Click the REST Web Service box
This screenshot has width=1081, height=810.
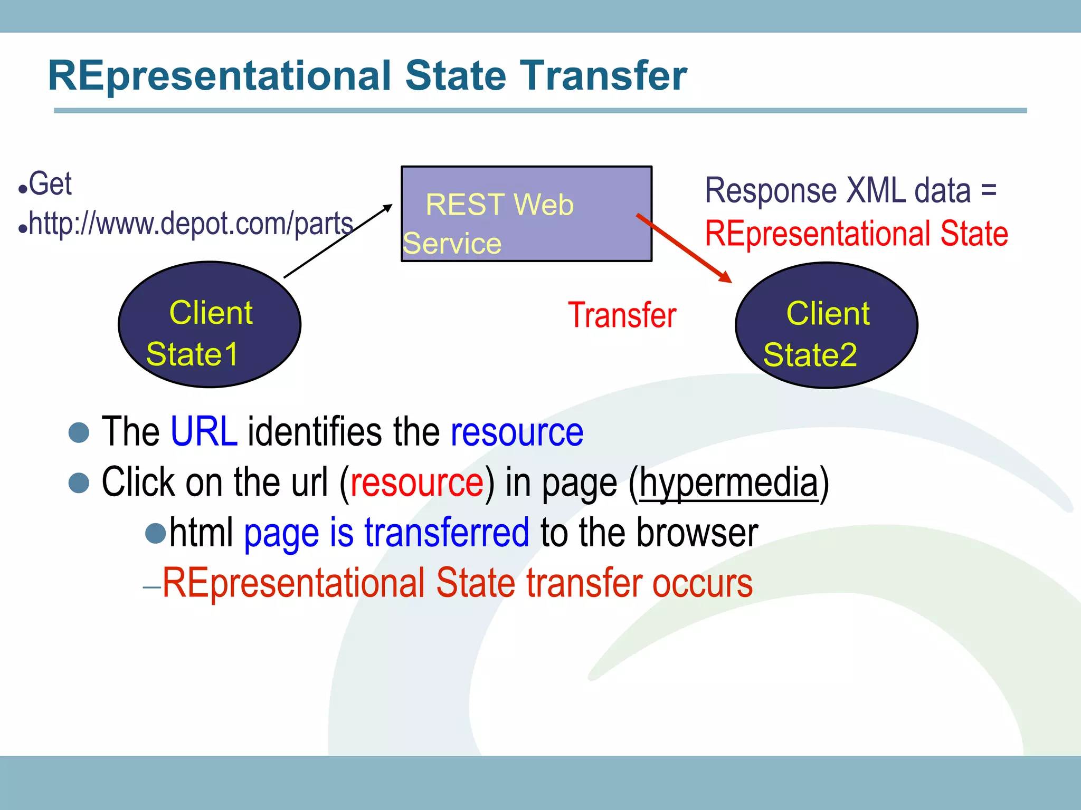coord(526,214)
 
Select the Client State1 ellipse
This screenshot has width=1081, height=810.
coord(210,325)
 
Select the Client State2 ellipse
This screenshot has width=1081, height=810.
coord(826,325)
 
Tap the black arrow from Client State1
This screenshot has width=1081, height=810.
coord(338,240)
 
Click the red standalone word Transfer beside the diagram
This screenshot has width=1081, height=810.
coord(622,315)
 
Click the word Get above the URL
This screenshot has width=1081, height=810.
coord(50,184)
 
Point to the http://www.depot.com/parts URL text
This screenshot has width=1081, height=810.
coord(191,224)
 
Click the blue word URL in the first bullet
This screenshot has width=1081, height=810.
coord(204,432)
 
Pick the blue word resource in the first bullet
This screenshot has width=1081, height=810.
coord(517,432)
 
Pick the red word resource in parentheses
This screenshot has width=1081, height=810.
coord(416,483)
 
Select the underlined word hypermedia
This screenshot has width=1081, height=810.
coord(728,483)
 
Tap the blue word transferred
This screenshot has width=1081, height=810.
coord(447,533)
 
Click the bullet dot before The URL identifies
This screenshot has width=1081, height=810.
coord(79,432)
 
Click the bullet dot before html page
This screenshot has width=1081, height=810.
coord(156,533)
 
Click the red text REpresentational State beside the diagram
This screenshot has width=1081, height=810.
coord(856,234)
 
